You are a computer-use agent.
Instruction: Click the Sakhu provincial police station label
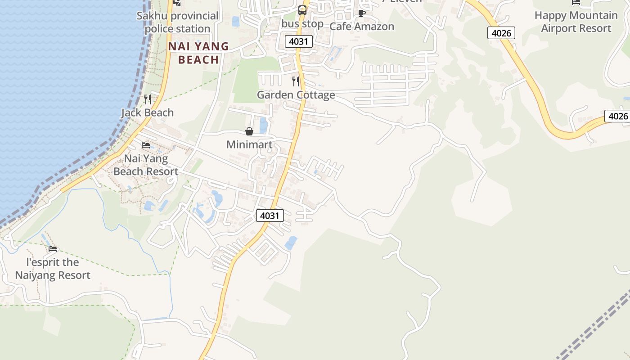[177, 22]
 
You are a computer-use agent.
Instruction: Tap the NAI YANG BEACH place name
[198, 53]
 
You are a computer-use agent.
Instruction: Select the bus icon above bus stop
[302, 10]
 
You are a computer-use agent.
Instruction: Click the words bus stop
[302, 23]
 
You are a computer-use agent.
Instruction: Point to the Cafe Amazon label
[362, 27]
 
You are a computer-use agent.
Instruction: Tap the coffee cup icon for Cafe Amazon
[361, 13]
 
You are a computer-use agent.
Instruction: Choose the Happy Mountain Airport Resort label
[576, 22]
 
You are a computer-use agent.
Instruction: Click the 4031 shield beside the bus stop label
[298, 42]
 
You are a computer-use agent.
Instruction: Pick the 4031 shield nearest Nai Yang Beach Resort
[270, 216]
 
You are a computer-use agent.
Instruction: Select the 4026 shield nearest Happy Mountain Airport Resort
[501, 32]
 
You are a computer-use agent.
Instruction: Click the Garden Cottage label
[296, 95]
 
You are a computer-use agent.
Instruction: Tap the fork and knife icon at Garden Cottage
[296, 81]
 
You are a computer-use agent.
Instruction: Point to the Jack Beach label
[147, 112]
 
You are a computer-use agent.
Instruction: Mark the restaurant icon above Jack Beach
[147, 99]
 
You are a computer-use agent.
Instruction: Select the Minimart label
[249, 144]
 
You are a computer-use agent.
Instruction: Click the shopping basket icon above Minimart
[249, 131]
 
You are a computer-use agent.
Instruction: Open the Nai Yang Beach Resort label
[146, 165]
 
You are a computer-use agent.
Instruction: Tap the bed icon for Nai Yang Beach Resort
[146, 145]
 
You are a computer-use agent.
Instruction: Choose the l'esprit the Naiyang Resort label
[53, 269]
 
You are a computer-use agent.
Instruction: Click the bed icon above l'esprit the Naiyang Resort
[53, 249]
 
